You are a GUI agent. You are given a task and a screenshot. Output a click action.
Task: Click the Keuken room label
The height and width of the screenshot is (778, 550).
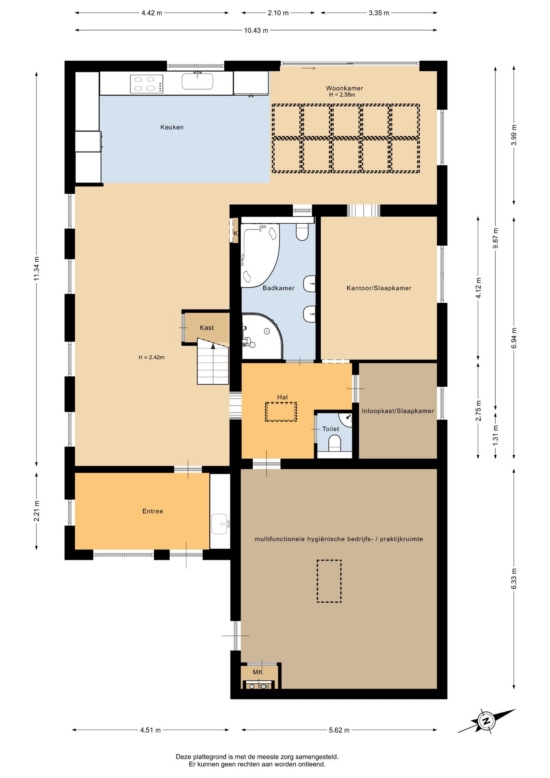click(172, 127)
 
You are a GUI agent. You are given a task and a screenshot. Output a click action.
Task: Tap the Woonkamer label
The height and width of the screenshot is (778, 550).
click(344, 88)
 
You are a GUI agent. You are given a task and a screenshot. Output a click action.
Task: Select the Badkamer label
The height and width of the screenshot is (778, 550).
click(278, 288)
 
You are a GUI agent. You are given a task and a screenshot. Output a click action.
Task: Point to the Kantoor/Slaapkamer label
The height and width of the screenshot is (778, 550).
click(379, 288)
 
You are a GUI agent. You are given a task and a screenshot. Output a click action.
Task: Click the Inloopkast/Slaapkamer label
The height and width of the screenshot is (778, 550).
click(398, 411)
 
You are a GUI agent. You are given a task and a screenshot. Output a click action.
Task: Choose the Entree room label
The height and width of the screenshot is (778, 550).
click(153, 511)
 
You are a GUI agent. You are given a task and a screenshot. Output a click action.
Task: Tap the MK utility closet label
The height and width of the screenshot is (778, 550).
click(258, 672)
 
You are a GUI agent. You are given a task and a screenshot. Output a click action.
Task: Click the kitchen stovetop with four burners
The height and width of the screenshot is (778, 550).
click(147, 84)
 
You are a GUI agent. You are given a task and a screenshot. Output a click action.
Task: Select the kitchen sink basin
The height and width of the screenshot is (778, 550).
click(197, 81)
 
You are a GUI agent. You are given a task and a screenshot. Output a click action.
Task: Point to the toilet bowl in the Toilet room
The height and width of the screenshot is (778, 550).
click(335, 442)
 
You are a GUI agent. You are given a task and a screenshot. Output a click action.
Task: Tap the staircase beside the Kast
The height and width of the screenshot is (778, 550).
click(213, 361)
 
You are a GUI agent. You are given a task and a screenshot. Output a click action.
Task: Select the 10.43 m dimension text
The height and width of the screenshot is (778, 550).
click(256, 30)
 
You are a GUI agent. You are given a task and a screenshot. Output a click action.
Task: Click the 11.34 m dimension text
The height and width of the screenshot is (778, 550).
click(36, 269)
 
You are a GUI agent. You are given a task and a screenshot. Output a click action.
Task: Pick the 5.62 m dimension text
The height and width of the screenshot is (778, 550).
click(339, 730)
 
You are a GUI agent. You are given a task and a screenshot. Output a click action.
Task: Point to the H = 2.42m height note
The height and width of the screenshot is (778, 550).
click(151, 357)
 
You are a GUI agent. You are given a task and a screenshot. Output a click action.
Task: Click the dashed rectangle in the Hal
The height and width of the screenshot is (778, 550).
click(281, 412)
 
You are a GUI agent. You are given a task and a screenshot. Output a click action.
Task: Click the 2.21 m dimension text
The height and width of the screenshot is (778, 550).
click(36, 511)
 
